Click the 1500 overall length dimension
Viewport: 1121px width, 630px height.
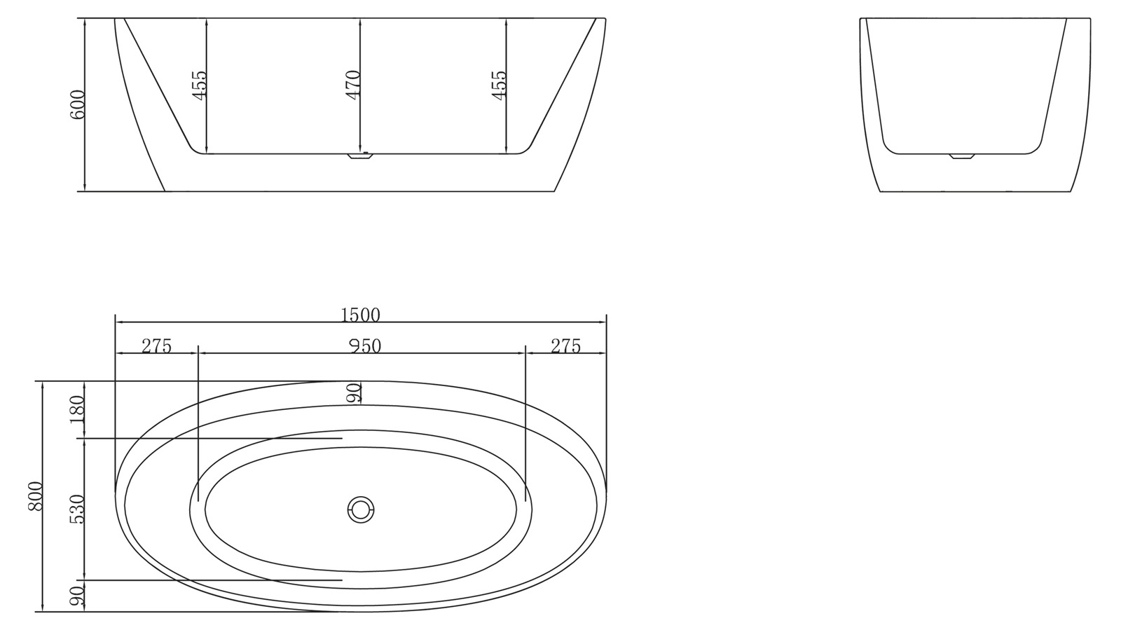coord(360,315)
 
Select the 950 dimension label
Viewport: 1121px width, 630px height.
coord(362,346)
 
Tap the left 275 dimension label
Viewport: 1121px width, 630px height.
coord(156,346)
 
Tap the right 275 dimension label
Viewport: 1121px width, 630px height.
coord(565,346)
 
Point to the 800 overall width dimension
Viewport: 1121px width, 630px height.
coord(36,496)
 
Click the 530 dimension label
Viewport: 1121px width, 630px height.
coord(77,509)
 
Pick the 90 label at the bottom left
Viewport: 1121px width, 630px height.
coord(77,596)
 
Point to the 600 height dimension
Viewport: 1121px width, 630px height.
coord(77,104)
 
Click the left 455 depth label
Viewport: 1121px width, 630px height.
coord(200,85)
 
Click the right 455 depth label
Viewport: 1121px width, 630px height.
coord(499,85)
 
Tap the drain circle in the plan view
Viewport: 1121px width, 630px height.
coord(361,509)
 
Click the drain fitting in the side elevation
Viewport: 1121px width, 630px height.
coord(361,157)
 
